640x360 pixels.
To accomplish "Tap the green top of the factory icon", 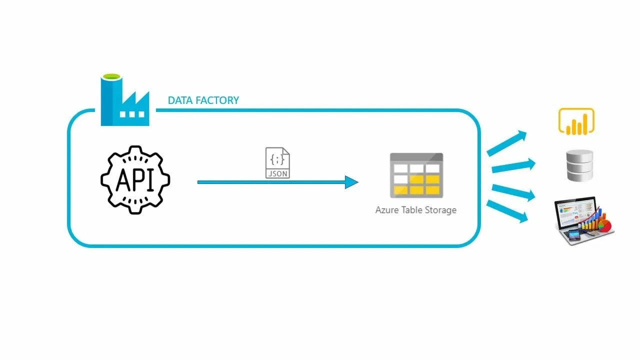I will tap(111, 77).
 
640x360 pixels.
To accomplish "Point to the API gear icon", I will tap(135, 179).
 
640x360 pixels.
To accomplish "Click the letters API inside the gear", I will tap(135, 180).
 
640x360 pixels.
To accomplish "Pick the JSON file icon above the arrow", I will tap(277, 163).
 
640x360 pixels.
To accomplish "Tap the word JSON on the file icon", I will tap(277, 173).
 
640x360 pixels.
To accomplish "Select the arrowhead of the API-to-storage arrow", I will tap(352, 182).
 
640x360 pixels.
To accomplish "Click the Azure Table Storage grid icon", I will tap(416, 175).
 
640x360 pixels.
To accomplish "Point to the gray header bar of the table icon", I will tap(416, 157).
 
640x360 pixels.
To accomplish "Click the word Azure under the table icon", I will tap(386, 210).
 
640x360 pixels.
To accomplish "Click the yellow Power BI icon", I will tap(576, 121).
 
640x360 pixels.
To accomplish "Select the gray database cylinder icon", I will tap(579, 165).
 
